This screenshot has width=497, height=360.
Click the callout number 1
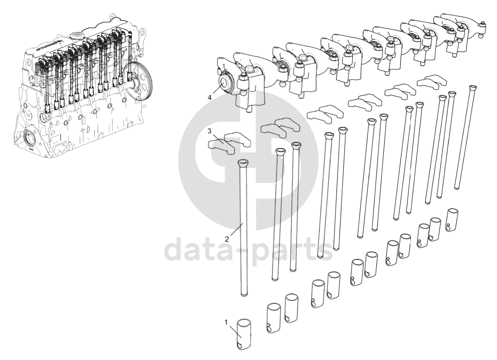click(x=226, y=322)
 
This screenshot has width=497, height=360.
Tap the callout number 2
click(x=227, y=239)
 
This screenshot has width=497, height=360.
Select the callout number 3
click(x=210, y=131)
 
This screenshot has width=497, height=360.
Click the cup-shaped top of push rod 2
click(x=244, y=164)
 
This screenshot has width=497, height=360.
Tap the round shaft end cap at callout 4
click(x=224, y=84)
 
